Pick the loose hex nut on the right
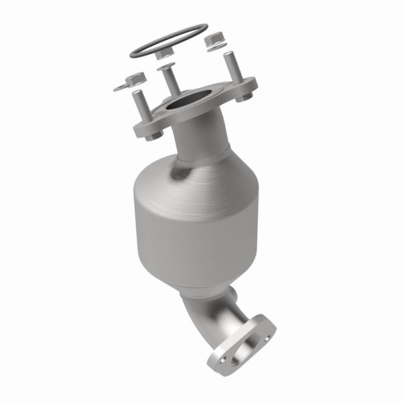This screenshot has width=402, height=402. pyautogui.click(x=213, y=40)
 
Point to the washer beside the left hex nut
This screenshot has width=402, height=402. pyautogui.click(x=121, y=86)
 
